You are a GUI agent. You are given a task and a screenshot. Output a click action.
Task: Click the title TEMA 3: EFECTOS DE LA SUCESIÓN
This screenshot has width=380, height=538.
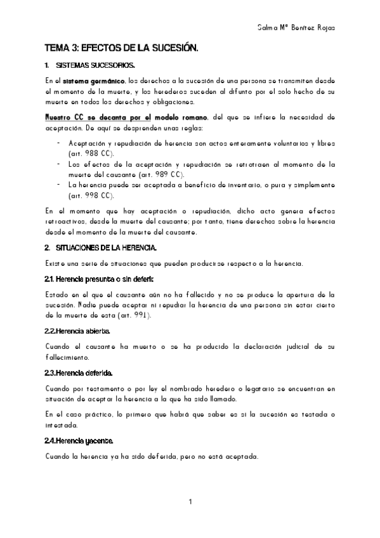(121, 48)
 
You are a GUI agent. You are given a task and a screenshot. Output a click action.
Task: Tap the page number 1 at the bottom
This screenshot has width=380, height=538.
(190, 502)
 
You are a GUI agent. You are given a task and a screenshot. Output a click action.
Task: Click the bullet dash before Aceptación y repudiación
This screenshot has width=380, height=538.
(59, 143)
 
